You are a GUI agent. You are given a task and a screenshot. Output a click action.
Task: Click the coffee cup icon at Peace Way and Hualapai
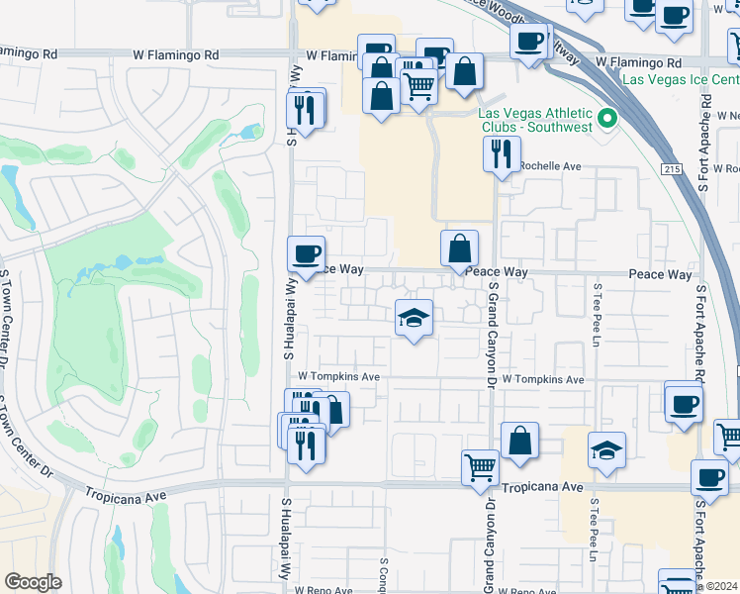pos(307,253)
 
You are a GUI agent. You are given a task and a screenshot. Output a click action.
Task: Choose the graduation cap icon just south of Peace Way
pos(415,318)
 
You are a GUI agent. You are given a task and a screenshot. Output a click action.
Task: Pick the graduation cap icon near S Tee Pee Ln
pos(606,450)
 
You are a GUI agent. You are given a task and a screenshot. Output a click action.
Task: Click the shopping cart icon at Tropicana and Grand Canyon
pos(481,467)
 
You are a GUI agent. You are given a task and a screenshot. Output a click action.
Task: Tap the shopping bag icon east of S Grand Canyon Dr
pos(519,441)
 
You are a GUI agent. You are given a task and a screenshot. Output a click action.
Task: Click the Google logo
pos(33,582)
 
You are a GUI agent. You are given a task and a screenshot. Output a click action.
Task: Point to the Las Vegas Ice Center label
pos(683,79)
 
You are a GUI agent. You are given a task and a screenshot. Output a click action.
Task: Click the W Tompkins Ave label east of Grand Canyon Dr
pos(542,379)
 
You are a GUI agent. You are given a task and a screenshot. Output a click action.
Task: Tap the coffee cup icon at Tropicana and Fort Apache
pos(709,477)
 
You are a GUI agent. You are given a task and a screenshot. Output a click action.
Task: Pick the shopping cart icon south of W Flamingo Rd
pos(419,86)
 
